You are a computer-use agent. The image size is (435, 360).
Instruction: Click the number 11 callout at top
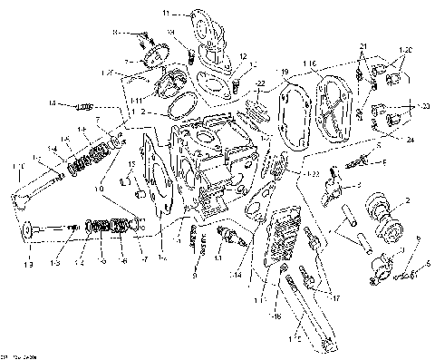pos(166,14)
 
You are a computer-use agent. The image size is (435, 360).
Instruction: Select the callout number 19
pos(284,70)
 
